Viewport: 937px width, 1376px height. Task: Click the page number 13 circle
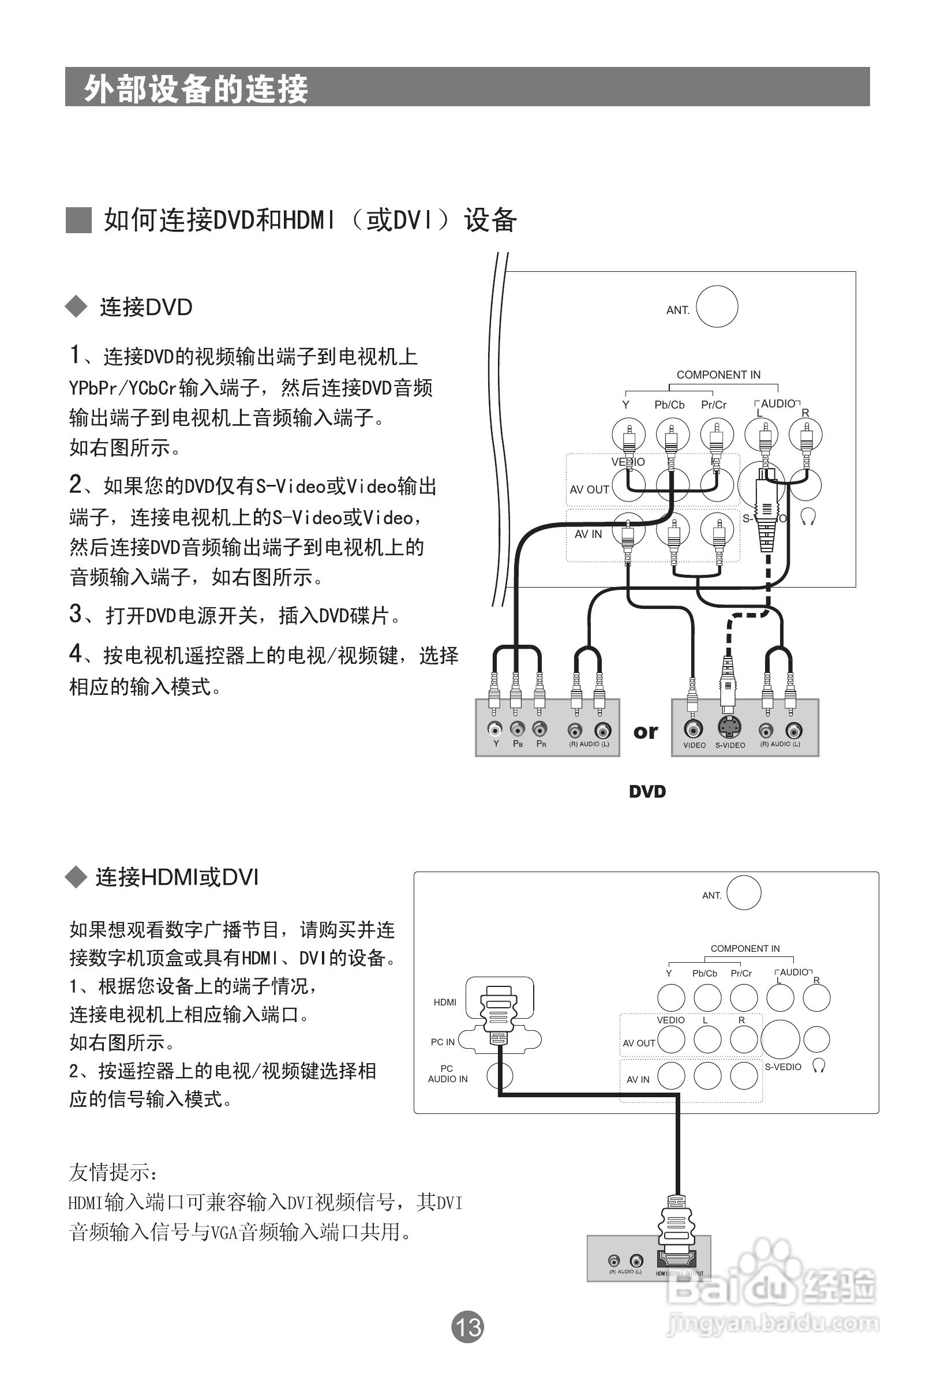[467, 1326]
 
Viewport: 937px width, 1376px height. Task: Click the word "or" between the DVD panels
[645, 732]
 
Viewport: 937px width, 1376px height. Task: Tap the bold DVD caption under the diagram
[647, 792]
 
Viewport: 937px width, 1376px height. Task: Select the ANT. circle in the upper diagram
[717, 306]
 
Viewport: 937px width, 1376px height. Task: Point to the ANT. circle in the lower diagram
[744, 893]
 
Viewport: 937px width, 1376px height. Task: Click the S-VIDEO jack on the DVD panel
[729, 728]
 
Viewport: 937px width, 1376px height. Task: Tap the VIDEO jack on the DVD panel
[693, 728]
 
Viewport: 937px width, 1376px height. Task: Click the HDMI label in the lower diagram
[444, 1003]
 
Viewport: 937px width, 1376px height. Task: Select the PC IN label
[442, 1042]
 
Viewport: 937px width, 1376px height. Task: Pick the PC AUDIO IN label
[448, 1074]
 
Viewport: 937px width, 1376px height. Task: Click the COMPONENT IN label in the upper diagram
[718, 375]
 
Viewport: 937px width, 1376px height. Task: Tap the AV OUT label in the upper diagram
[589, 489]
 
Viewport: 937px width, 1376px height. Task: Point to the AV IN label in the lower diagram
[638, 1079]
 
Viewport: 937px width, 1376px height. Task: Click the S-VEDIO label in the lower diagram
[782, 1067]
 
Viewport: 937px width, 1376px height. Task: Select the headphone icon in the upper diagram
[808, 517]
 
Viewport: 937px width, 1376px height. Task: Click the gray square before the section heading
[78, 220]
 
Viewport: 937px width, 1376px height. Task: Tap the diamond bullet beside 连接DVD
[76, 306]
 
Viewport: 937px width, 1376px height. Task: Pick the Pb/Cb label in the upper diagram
[669, 405]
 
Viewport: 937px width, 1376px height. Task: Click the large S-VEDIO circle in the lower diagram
[780, 1040]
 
